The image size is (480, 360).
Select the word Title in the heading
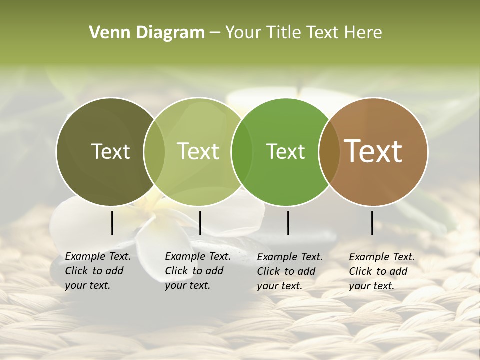click(282, 33)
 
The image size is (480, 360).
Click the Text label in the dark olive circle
click(110, 151)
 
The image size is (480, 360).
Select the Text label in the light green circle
click(198, 151)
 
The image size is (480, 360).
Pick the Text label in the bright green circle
click(285, 151)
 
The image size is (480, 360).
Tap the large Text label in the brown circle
click(373, 151)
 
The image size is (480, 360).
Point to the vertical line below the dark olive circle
click(112, 223)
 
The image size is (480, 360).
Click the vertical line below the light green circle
click(200, 223)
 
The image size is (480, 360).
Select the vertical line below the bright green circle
click(288, 223)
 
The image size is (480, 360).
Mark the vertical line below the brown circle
click(372, 223)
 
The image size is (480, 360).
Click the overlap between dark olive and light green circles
click(154, 152)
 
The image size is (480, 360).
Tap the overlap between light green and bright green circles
click(242, 152)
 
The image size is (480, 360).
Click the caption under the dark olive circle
click(98, 271)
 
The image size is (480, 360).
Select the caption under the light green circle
click(198, 271)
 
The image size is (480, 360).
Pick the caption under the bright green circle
click(290, 271)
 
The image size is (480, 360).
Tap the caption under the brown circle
click(382, 271)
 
